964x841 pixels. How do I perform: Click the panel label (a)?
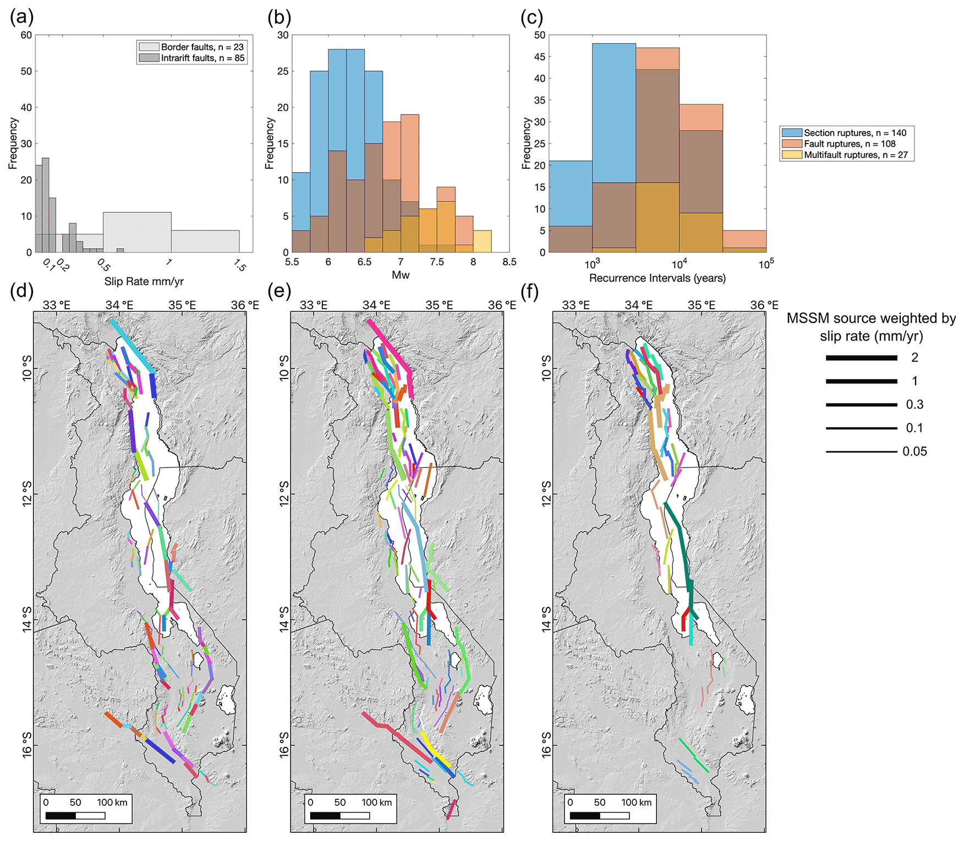click(21, 18)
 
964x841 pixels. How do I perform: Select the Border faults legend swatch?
click(149, 47)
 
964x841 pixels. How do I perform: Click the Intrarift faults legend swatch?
click(149, 58)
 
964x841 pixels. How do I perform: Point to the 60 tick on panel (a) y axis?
click(26, 35)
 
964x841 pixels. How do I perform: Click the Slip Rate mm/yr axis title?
click(144, 282)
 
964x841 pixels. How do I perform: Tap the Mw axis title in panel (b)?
click(401, 275)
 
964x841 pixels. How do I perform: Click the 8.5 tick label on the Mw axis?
click(510, 262)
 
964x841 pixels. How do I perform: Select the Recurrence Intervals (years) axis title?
click(657, 278)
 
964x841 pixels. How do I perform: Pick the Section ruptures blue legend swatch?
click(792, 133)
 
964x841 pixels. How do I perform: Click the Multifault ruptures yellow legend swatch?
click(792, 155)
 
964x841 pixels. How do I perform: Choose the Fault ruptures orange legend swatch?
click(792, 144)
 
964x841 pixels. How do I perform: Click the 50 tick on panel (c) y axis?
click(540, 35)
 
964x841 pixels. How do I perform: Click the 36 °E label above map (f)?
click(764, 305)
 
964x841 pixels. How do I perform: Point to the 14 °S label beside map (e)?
click(283, 619)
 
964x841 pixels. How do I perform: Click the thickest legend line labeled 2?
click(861, 358)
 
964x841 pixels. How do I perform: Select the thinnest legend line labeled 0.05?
click(861, 452)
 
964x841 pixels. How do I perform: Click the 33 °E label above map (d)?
click(57, 305)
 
